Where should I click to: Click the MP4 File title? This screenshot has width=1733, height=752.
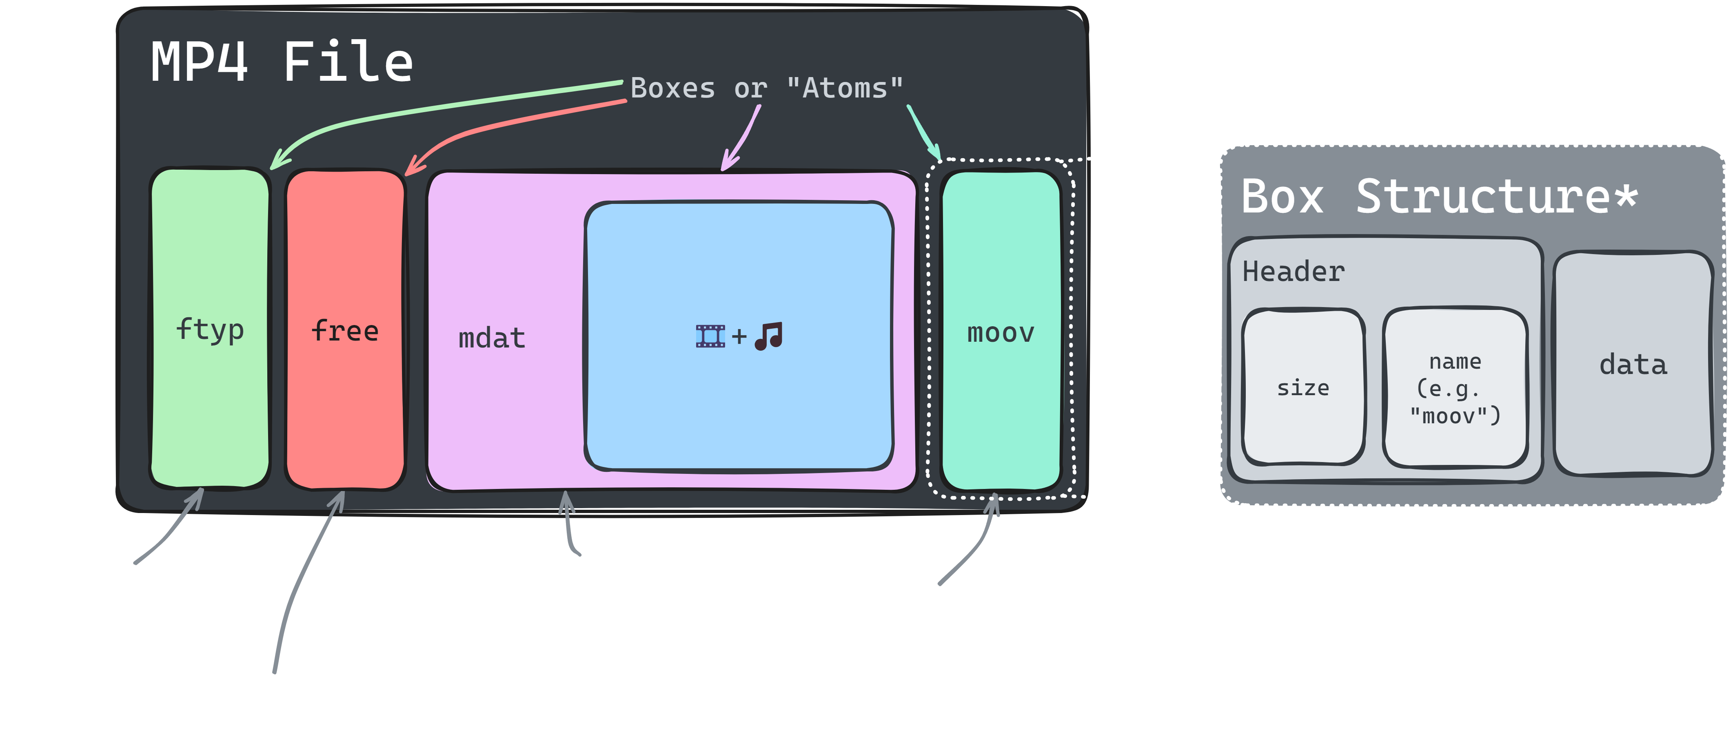coord(281,62)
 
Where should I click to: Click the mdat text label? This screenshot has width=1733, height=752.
coord(492,338)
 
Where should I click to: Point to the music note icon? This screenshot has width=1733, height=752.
coord(769,336)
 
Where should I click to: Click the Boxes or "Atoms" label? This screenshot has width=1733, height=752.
coord(766,88)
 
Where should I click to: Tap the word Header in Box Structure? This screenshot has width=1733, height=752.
coord(1293,272)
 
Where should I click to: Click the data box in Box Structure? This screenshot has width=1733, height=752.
coord(1633,365)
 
